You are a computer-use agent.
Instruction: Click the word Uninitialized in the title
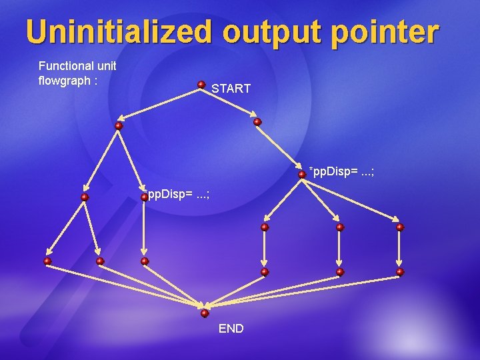[x=116, y=32]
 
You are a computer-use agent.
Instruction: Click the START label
[x=231, y=88]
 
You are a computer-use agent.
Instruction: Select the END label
[x=231, y=329]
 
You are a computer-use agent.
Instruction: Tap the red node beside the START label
[x=201, y=85]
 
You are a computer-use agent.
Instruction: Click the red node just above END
[x=205, y=313]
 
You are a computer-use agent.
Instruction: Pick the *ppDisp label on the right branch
[x=341, y=172]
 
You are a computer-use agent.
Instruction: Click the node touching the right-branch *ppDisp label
[x=302, y=174]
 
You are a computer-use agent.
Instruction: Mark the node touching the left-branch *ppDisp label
[x=145, y=197]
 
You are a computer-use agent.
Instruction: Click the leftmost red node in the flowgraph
[x=47, y=261]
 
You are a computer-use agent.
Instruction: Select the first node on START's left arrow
[x=119, y=125]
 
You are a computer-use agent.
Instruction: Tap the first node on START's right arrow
[x=257, y=122]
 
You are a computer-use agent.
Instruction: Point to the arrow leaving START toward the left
[x=160, y=105]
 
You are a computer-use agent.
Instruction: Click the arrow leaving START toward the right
[x=229, y=103]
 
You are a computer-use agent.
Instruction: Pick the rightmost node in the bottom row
[x=400, y=272]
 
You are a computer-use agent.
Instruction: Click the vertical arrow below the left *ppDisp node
[x=145, y=230]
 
